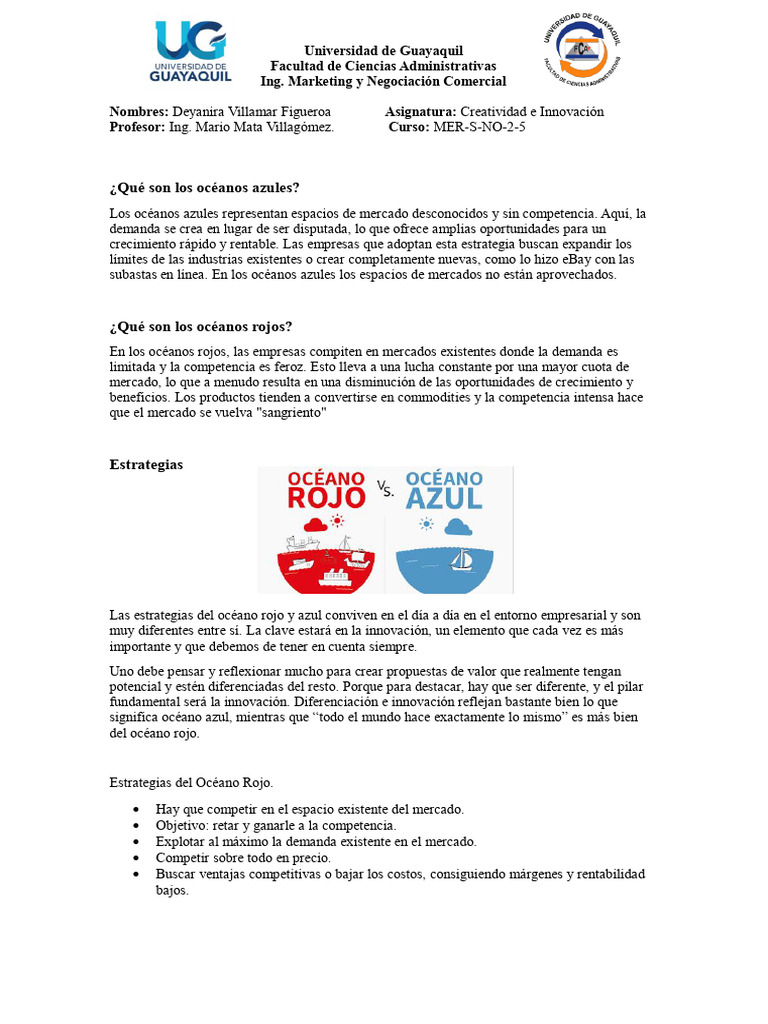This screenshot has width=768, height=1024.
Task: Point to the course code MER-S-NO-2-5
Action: point(478,128)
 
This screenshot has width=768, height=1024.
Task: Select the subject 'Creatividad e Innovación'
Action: point(531,112)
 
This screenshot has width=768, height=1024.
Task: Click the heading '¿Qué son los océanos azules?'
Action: point(204,188)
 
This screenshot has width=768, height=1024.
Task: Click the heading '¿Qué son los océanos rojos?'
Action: point(200,327)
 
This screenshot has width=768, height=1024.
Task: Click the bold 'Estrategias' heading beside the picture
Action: point(146,465)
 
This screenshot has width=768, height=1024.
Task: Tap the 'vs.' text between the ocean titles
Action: point(385,488)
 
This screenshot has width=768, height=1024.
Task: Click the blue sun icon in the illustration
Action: point(428,524)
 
